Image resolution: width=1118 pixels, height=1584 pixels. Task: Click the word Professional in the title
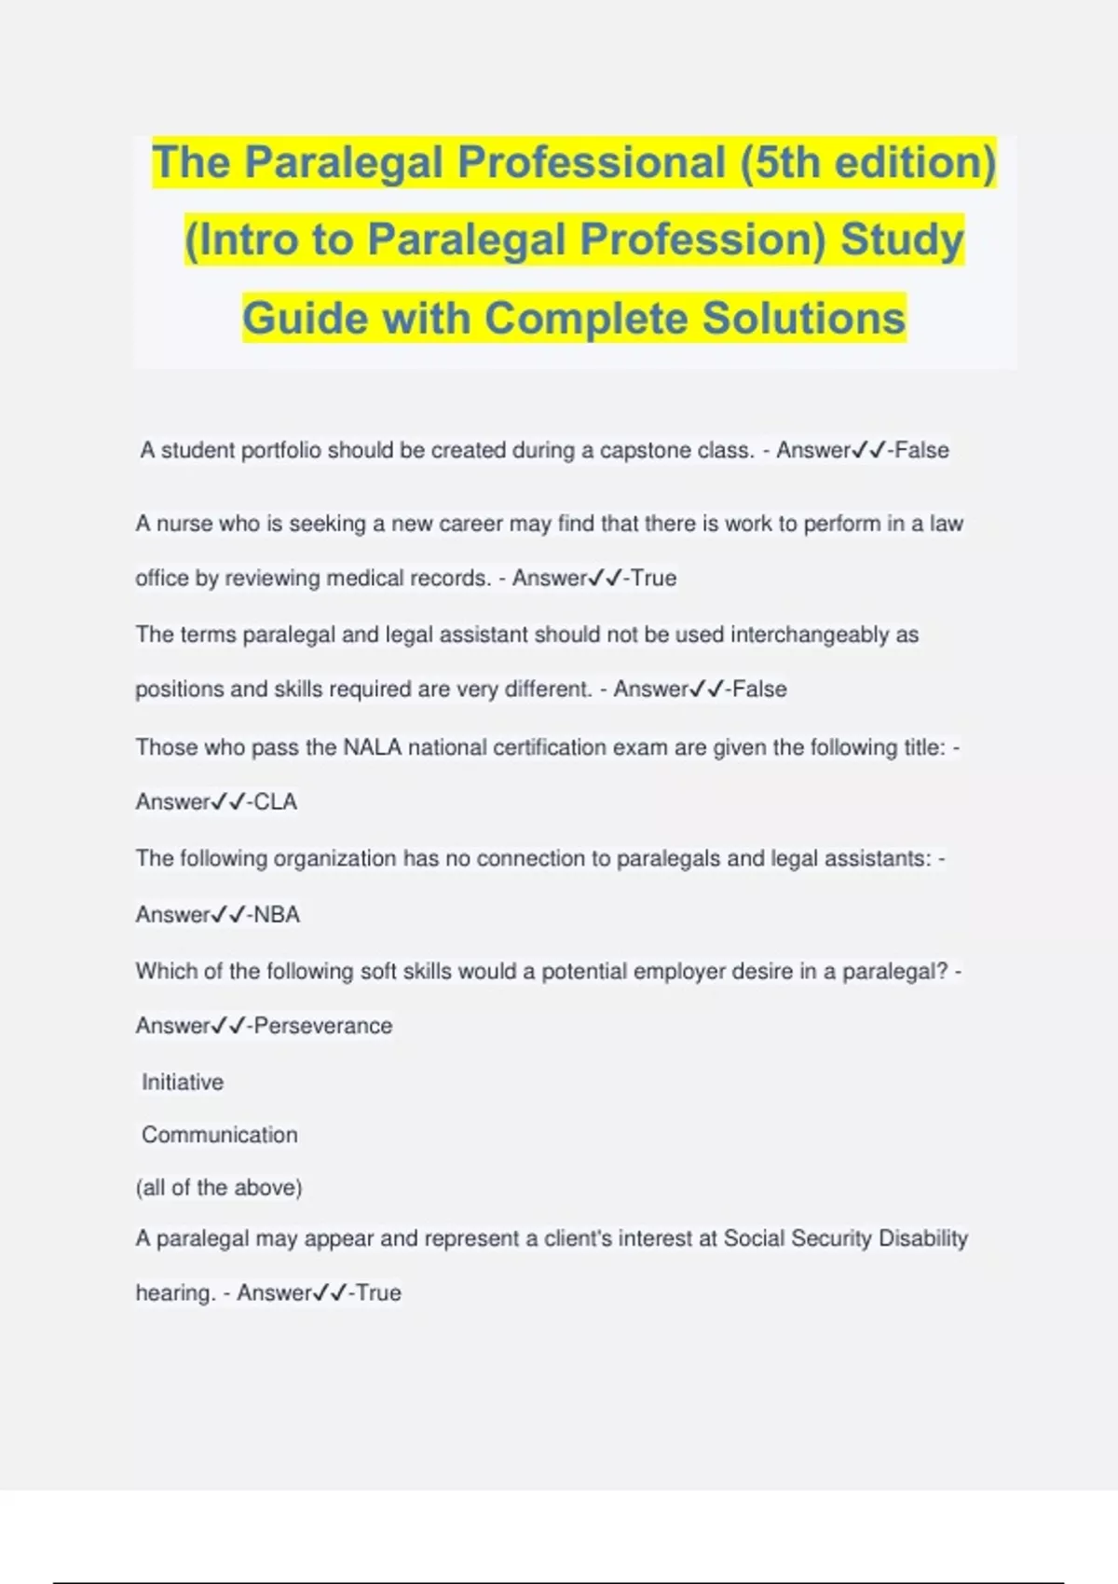(x=591, y=162)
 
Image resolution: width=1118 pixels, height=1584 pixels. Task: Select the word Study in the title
(x=902, y=239)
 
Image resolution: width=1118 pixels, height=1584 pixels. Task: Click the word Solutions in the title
(x=803, y=318)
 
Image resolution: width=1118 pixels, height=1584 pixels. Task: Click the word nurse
(x=183, y=524)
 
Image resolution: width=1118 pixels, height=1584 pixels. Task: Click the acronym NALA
(x=373, y=747)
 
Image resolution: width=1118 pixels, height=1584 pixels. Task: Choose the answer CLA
(x=275, y=802)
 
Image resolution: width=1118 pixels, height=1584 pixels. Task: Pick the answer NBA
(x=277, y=915)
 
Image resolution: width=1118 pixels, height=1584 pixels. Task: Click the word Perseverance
(x=323, y=1026)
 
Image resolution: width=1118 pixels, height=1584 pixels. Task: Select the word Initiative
(x=183, y=1082)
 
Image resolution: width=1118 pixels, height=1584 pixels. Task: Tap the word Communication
(x=220, y=1135)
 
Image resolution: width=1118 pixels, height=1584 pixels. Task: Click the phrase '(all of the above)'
(x=219, y=1187)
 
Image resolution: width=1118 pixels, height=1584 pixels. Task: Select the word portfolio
(x=280, y=450)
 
